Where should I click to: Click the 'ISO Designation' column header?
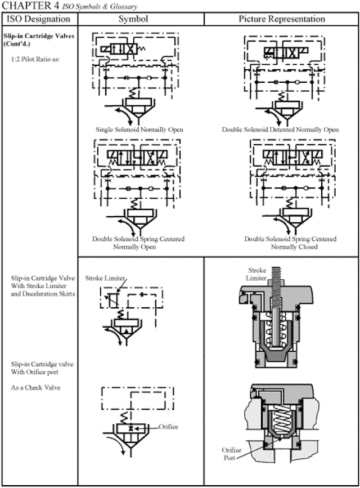(x=39, y=19)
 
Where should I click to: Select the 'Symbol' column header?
(x=141, y=19)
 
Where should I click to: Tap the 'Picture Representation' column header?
(x=281, y=19)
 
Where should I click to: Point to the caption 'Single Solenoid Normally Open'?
(x=139, y=129)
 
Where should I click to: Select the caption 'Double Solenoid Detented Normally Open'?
(x=280, y=129)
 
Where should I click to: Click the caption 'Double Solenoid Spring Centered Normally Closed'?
(x=281, y=243)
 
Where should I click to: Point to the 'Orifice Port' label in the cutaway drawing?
(x=231, y=454)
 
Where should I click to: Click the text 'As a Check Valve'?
(x=37, y=388)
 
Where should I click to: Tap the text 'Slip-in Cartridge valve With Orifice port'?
(x=42, y=368)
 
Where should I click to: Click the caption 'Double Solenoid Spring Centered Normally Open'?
(x=138, y=243)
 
